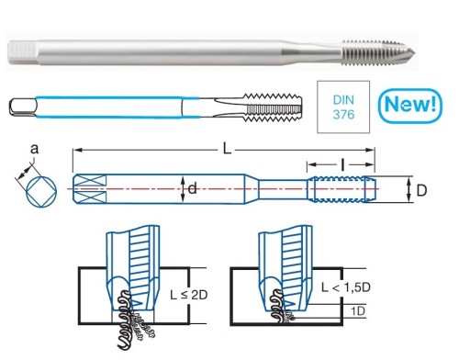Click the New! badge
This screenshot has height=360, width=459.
click(x=410, y=106)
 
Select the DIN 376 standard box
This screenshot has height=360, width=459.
click(x=343, y=107)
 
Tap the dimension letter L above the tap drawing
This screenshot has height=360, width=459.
click(x=227, y=150)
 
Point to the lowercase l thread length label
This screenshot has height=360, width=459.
click(x=342, y=165)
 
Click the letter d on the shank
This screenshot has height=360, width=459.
click(x=192, y=188)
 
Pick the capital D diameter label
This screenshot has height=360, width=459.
click(x=421, y=191)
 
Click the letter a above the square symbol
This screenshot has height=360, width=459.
click(x=35, y=149)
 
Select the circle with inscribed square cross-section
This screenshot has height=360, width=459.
click(x=41, y=192)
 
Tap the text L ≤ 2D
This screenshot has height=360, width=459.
click(x=189, y=295)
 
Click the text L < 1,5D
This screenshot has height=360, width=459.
click(x=346, y=287)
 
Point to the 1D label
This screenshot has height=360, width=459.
click(x=358, y=311)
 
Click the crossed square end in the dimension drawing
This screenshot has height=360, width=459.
click(x=89, y=189)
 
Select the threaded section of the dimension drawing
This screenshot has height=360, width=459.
click(x=341, y=189)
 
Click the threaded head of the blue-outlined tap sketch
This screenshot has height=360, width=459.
click(x=273, y=107)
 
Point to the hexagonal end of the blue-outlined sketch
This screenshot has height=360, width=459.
click(x=23, y=107)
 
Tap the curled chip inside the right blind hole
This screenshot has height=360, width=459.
click(x=277, y=306)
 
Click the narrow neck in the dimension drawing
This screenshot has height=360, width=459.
click(x=283, y=189)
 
